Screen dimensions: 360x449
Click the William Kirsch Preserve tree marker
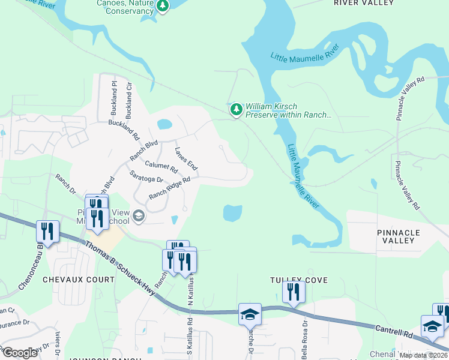coord(237,109)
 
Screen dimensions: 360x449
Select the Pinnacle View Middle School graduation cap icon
coord(139,216)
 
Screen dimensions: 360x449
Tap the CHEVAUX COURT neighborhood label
coord(78,280)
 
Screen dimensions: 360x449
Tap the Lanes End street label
coord(186,158)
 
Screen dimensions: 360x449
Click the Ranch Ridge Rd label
coord(169,188)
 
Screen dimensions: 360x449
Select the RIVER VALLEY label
coord(364,3)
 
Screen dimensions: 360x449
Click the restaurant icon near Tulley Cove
coord(294,292)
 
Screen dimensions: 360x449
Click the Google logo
coord(19,353)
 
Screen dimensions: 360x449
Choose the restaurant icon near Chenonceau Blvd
coord(47,231)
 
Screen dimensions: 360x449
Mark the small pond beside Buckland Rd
coord(164,125)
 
